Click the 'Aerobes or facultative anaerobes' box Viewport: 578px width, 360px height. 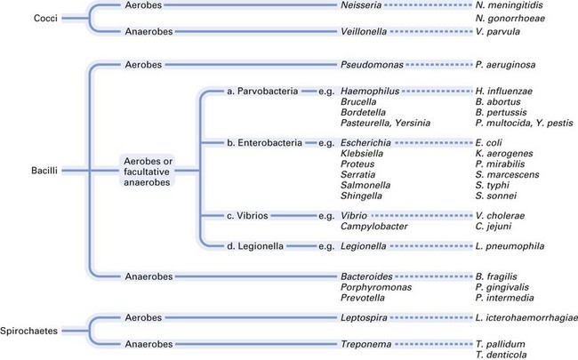pos(148,169)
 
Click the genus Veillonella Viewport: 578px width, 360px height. pos(366,32)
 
